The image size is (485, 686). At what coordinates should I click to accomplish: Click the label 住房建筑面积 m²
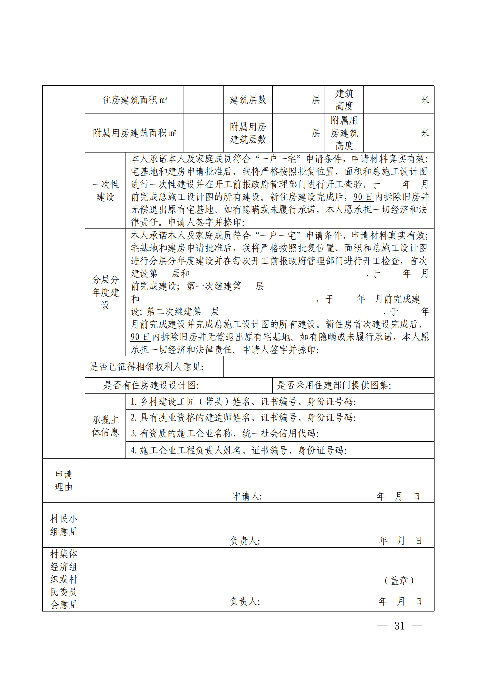[135, 100]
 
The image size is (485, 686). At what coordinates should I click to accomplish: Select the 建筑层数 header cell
[247, 100]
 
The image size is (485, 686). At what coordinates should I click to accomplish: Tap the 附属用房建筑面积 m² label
[134, 133]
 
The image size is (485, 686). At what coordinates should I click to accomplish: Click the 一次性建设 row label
[106, 191]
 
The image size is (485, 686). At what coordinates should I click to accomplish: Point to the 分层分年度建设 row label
[106, 292]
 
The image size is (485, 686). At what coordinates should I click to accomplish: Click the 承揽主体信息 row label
[106, 426]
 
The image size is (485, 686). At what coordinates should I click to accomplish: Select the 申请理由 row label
[64, 480]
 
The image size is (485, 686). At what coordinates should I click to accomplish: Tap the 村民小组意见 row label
[64, 525]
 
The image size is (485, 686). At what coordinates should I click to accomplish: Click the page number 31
[399, 626]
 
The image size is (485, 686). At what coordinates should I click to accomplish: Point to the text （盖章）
[399, 580]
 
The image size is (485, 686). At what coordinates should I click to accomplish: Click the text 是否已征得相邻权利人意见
[146, 367]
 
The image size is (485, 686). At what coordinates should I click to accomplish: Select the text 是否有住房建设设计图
[151, 385]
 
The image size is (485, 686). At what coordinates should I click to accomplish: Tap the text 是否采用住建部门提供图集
[334, 385]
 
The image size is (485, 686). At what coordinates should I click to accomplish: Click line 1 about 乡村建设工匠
[243, 402]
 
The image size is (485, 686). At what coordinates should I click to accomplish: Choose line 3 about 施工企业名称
[225, 433]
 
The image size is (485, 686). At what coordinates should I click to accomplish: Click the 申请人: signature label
[247, 496]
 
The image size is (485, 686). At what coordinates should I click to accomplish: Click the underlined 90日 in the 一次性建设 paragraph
[363, 197]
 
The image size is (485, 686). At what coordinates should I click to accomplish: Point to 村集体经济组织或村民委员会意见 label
[64, 579]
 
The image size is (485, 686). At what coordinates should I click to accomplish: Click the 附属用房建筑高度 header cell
[344, 133]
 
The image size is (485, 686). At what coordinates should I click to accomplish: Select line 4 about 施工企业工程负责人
[238, 450]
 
